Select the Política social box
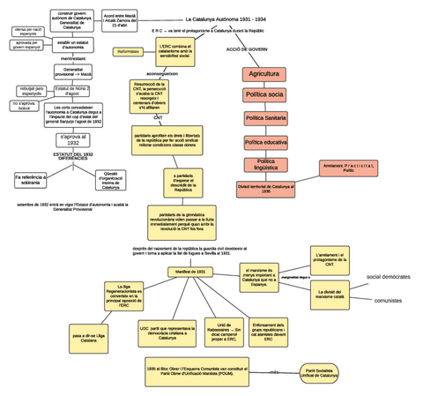(264, 94)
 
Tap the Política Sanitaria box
(264, 117)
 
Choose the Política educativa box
(264, 141)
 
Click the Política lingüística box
(264, 164)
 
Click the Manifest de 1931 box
(189, 272)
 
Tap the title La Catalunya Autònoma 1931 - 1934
(226, 19)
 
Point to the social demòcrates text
(388, 277)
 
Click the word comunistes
(388, 301)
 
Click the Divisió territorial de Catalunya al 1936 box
(266, 189)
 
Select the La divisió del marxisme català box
(338, 292)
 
